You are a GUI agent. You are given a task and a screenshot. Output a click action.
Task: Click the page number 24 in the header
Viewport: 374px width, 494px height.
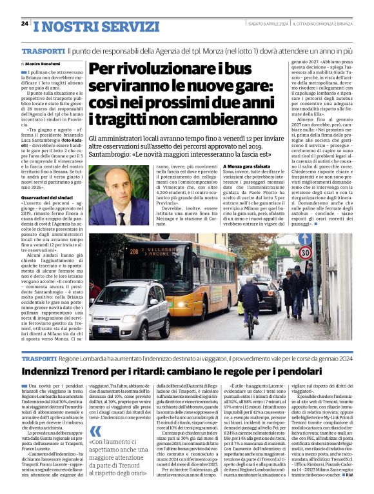click(x=25, y=24)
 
